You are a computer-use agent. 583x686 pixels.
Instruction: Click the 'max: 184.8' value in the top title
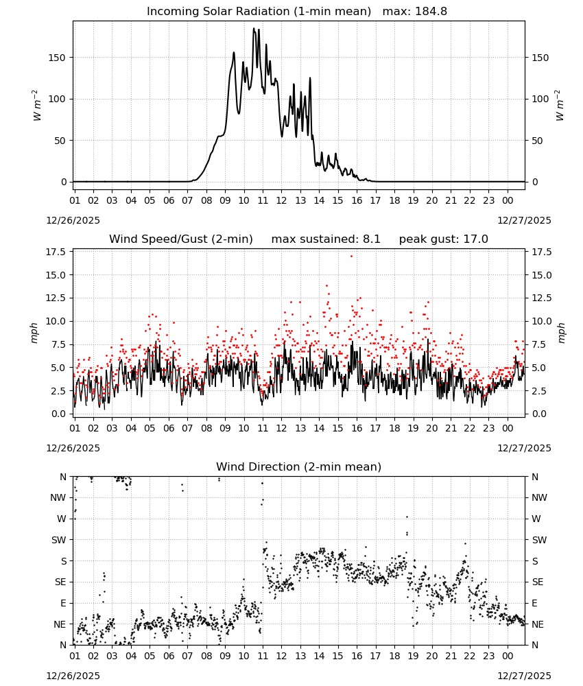coord(415,12)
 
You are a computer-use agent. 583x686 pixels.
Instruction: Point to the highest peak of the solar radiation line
coord(254,28)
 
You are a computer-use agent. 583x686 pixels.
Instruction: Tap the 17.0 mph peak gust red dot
coord(351,256)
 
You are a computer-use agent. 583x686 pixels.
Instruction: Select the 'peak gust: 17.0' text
coord(444,239)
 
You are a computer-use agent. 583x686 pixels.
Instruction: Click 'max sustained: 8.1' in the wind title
coord(326,239)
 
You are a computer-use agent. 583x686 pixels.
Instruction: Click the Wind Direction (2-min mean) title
coord(299,467)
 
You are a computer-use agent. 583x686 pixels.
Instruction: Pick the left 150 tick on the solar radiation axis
coord(58,58)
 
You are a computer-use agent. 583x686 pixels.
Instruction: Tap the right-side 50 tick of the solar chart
coord(537,141)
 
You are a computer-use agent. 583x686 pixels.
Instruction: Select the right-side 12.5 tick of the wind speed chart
coord(541,298)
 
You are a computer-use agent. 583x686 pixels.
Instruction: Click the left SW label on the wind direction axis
coord(58,541)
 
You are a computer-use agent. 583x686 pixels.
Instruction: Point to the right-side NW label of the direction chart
coord(539,498)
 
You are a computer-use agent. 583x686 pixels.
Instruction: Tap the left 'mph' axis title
coord(34,333)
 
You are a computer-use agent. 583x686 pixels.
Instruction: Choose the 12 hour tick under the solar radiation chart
coord(281,200)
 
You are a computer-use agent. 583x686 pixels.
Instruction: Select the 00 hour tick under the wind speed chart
coord(508,428)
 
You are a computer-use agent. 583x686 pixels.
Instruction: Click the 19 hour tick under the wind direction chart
coord(414,657)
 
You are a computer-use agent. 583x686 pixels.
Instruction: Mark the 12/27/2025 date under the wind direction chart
coord(525,676)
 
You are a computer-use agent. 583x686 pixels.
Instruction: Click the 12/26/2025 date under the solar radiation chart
coord(73,220)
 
